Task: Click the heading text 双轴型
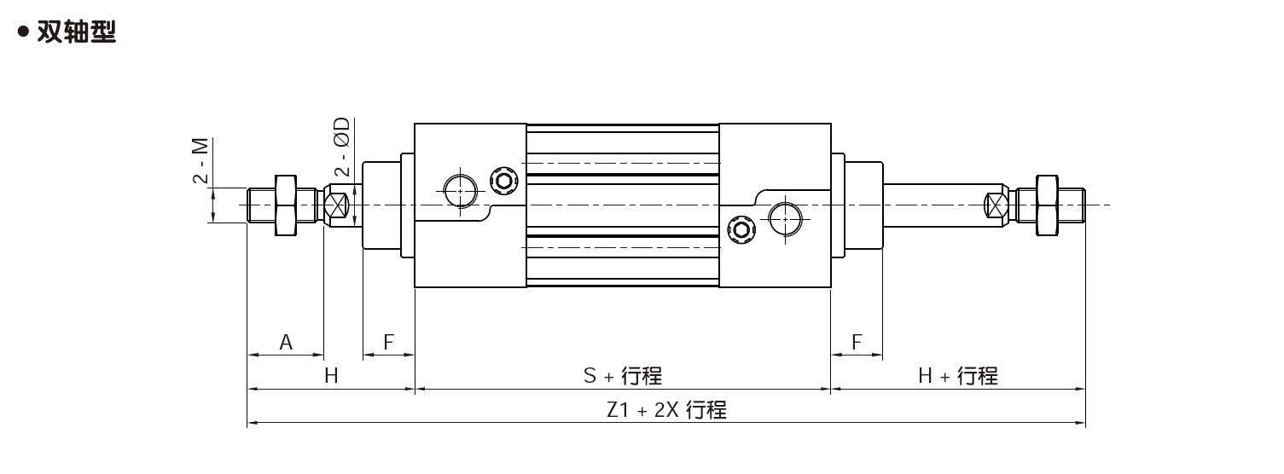(76, 32)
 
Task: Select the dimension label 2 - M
(200, 160)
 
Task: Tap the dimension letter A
(286, 343)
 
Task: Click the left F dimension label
(389, 343)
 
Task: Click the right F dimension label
(857, 343)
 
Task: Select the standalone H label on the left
(331, 376)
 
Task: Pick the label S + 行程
(623, 376)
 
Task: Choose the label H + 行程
(958, 376)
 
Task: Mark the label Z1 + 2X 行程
(666, 410)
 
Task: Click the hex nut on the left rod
(286, 205)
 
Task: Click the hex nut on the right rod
(1047, 205)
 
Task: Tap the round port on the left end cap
(461, 191)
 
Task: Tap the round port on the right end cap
(785, 219)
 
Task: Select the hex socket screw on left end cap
(504, 182)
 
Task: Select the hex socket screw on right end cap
(741, 231)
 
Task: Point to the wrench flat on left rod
(336, 205)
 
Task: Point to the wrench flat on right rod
(996, 205)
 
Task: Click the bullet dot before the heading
(24, 32)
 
